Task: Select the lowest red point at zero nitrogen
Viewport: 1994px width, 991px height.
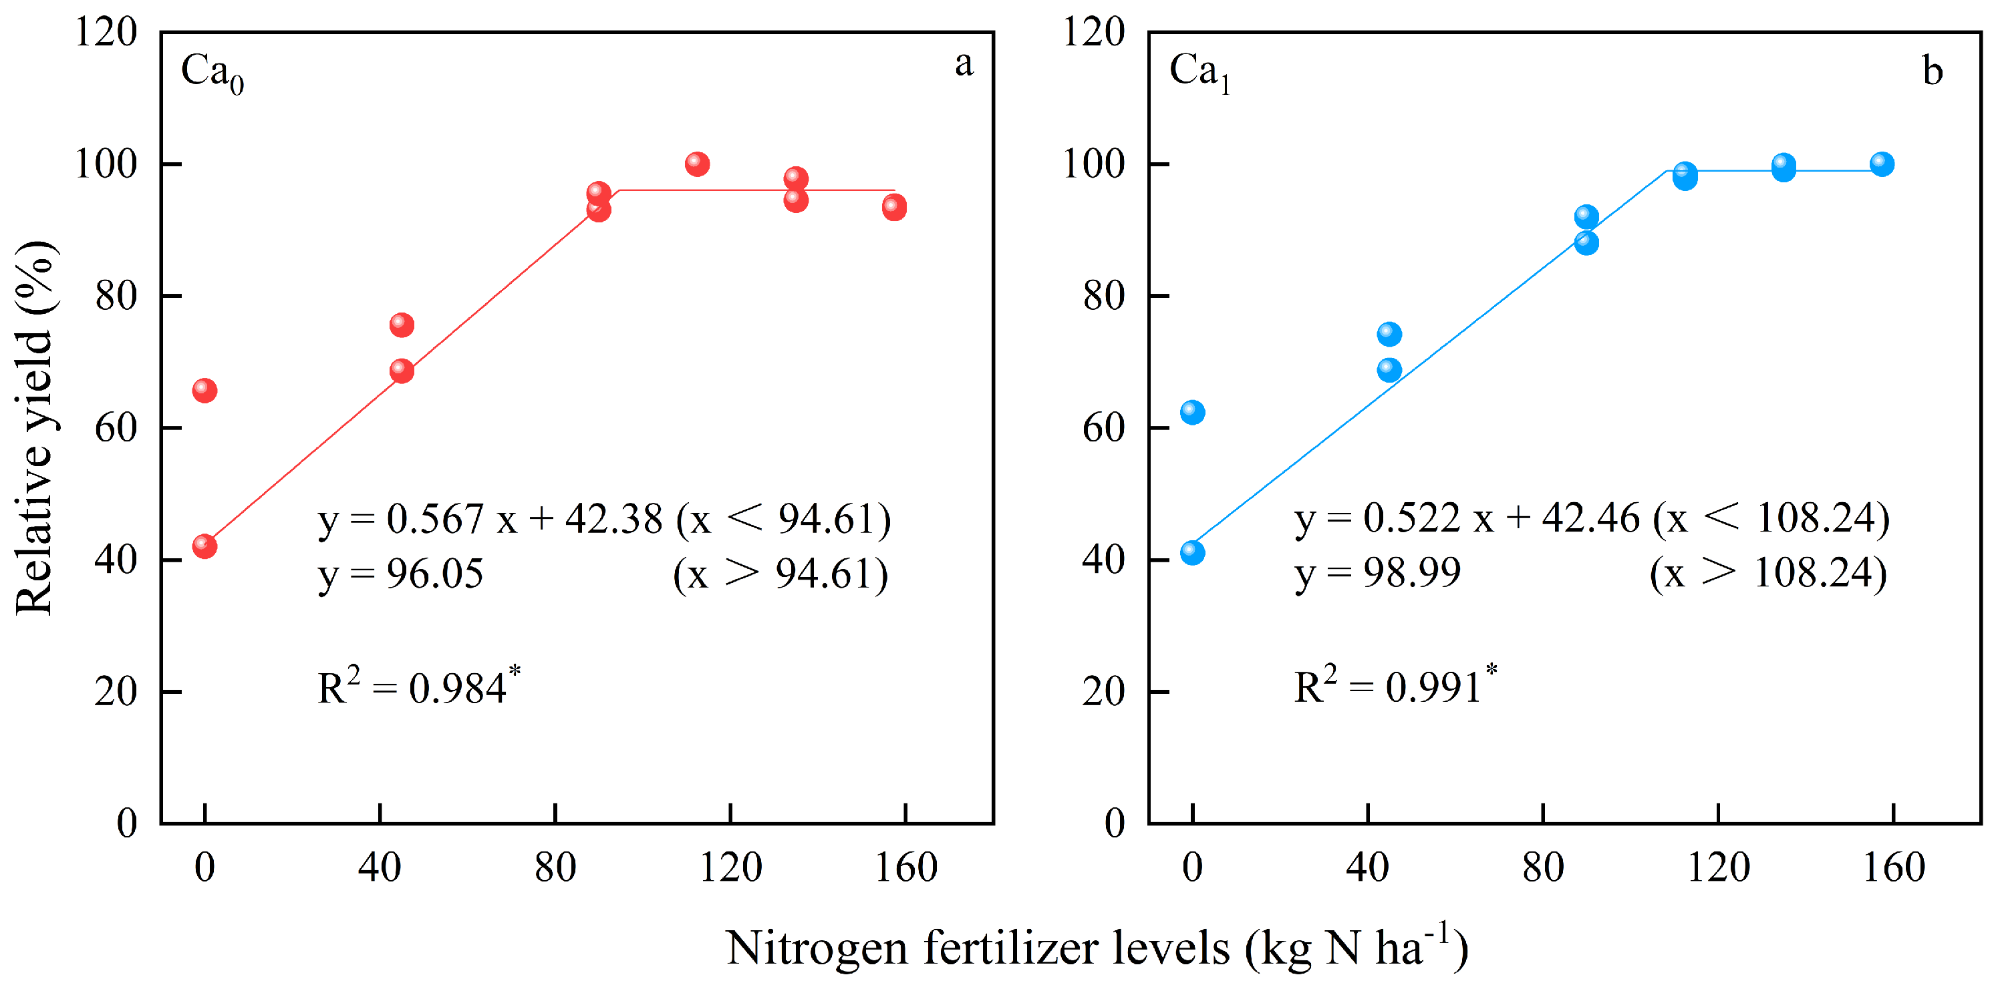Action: pos(204,546)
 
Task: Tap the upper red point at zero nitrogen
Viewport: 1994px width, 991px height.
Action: pos(204,391)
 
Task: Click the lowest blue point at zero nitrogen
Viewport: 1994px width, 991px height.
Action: pos(1192,552)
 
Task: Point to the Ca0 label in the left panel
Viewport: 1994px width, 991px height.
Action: pos(211,73)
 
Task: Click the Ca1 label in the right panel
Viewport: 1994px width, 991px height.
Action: pos(1199,73)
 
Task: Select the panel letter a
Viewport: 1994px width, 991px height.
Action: pos(964,64)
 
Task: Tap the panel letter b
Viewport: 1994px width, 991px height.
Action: pos(1933,71)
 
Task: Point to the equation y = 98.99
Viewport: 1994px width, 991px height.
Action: pos(1377,573)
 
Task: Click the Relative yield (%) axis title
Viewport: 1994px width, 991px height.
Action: pos(35,428)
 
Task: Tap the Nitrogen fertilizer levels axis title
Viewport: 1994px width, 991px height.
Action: pos(1096,948)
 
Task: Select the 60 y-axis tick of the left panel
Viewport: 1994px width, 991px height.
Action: pos(116,428)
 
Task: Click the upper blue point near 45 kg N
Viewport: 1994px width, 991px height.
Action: pos(1389,334)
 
